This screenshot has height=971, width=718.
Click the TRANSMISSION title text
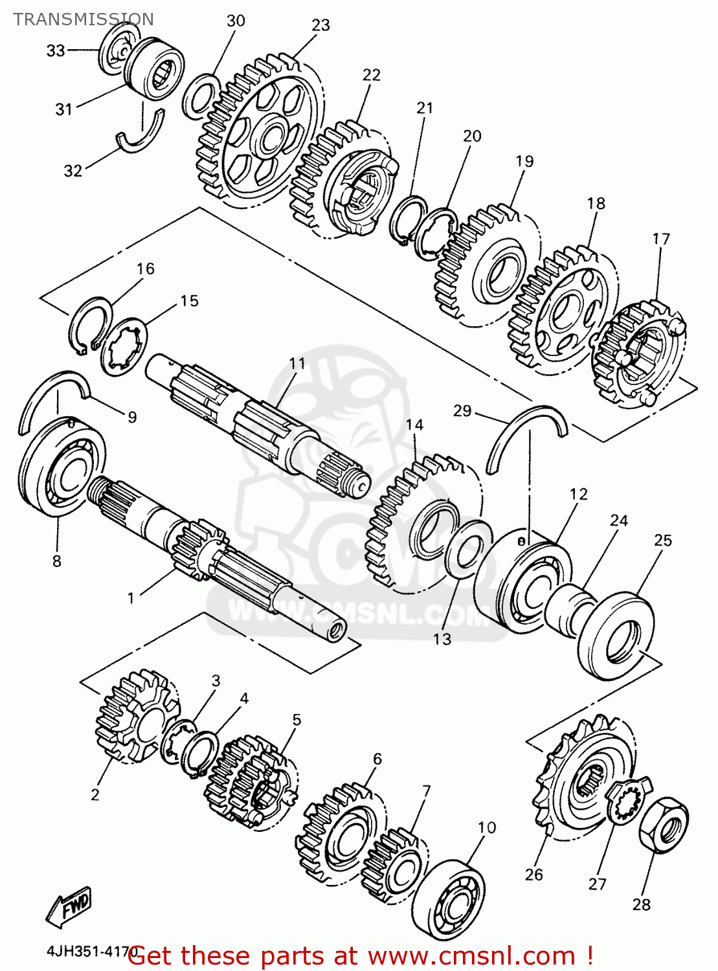tap(84, 19)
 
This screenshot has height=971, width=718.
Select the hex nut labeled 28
tap(664, 825)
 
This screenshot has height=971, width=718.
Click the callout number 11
tap(297, 363)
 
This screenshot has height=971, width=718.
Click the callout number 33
tap(56, 50)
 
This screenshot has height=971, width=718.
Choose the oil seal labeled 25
tap(615, 634)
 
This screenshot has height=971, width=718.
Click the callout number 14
tap(414, 425)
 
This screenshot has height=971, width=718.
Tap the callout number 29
tap(462, 411)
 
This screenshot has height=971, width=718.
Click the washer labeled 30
tap(200, 96)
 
